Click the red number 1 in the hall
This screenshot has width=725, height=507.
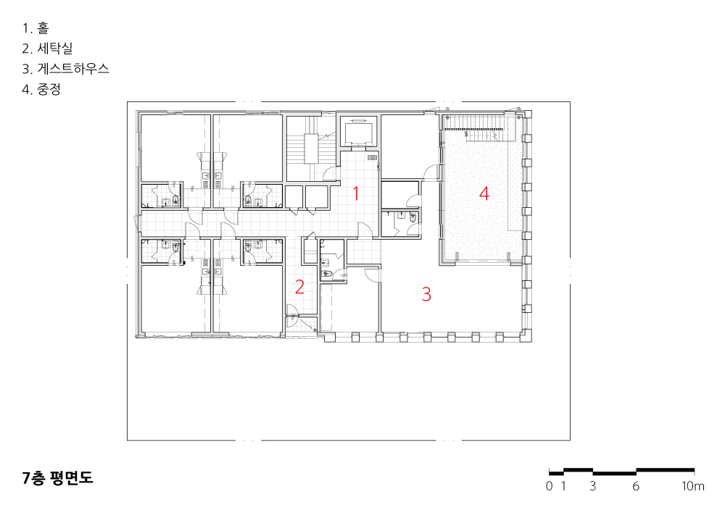(355, 193)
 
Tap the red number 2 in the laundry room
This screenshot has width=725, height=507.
(299, 287)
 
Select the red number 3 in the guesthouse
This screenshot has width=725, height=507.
(426, 294)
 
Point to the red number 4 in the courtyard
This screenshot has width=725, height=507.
(484, 193)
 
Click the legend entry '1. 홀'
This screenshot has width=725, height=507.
(36, 28)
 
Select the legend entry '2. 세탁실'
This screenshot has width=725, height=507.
(47, 49)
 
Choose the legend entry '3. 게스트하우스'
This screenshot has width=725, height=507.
(66, 69)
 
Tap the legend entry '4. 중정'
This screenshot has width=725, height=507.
(41, 89)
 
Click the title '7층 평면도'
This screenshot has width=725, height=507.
(57, 478)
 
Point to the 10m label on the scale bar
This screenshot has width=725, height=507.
(692, 486)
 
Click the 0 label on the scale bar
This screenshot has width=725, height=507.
(549, 486)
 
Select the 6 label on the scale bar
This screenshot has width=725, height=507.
(636, 486)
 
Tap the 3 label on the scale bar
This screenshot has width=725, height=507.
(593, 486)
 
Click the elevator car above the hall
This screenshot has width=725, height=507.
(359, 132)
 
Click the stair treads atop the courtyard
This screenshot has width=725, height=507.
(473, 122)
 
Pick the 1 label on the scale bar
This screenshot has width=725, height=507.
(563, 486)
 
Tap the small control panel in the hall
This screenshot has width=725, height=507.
(372, 157)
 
